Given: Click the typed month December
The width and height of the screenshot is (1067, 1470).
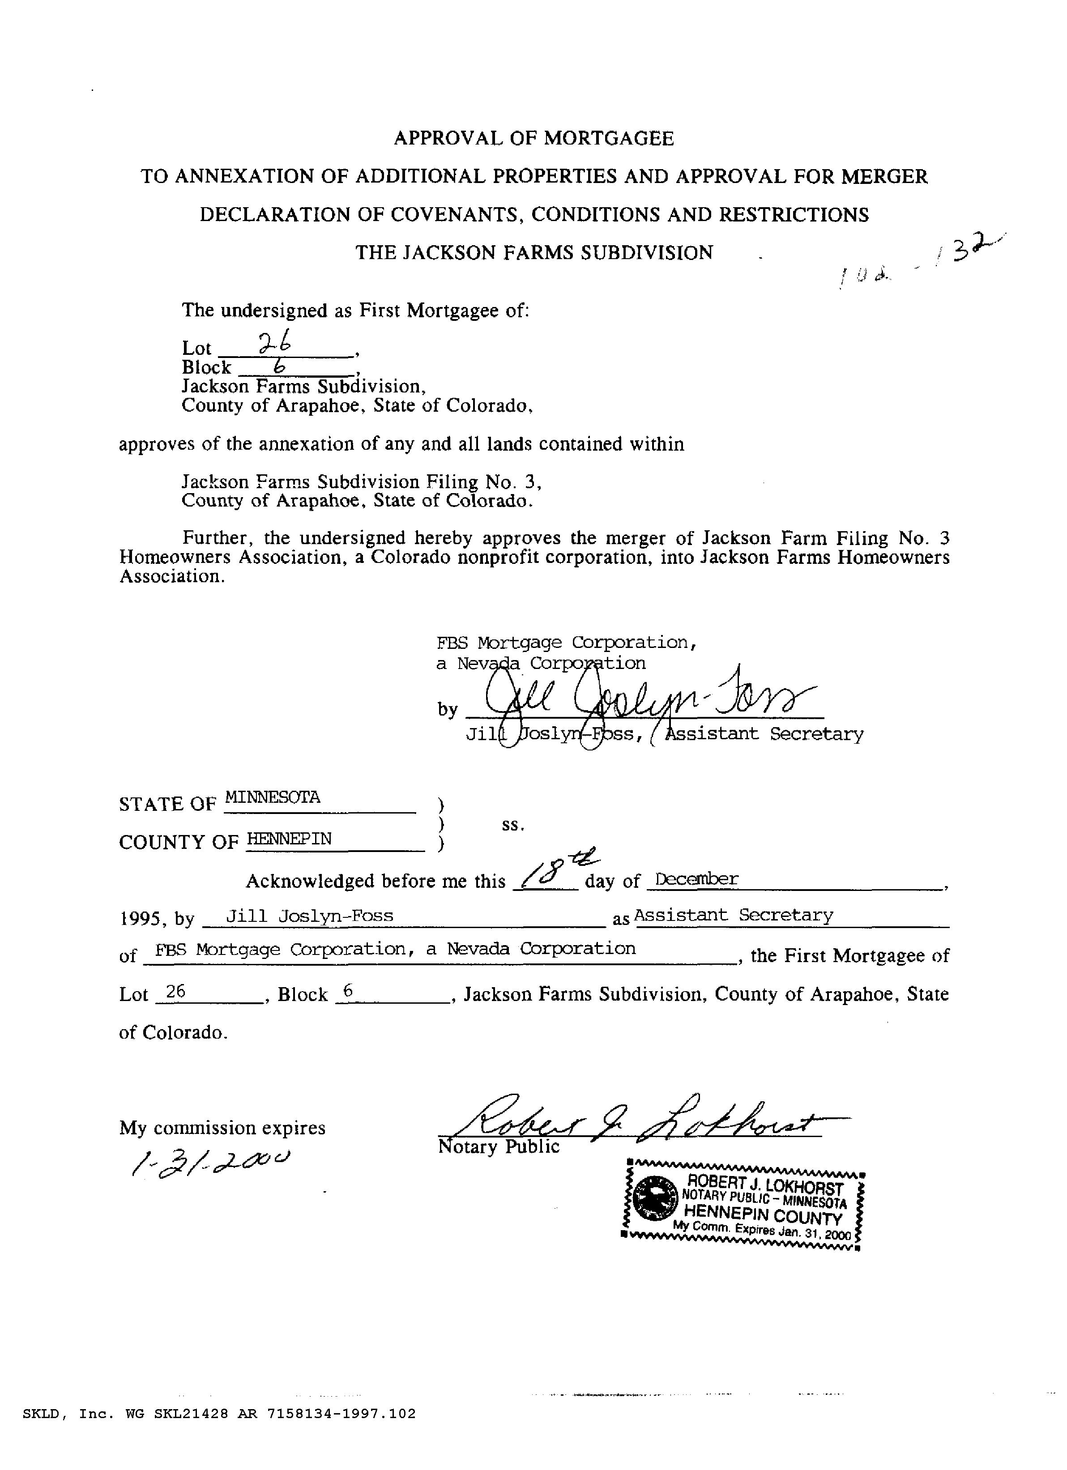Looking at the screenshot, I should coord(696,879).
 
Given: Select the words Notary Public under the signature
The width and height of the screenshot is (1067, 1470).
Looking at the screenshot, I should coord(499,1147).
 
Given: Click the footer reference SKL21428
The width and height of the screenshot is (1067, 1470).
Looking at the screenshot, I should coord(191,1432).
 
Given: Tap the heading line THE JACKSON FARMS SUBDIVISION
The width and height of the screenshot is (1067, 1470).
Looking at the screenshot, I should coord(533,252).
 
